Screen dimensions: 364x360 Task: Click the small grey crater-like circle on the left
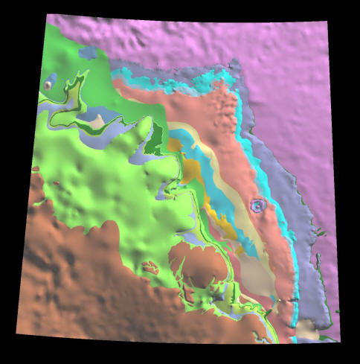[48, 85]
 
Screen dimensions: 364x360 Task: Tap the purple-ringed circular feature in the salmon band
[257, 205]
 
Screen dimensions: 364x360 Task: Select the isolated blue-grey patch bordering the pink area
[88, 53]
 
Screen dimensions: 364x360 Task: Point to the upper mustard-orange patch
[192, 170]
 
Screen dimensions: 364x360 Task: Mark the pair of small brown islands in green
[150, 266]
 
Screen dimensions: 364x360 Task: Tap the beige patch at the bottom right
[306, 328]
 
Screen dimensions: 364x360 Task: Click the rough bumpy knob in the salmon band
[223, 112]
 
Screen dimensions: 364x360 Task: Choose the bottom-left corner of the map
[16, 334]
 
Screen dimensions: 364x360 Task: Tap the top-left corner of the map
[47, 14]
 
